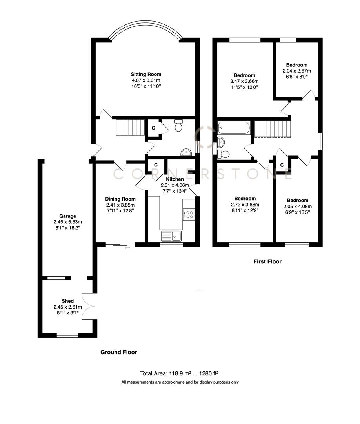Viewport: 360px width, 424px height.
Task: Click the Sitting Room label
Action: pyautogui.click(x=146, y=74)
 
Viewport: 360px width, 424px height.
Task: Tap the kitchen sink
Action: pyautogui.click(x=171, y=236)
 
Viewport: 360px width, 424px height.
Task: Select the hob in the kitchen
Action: pyautogui.click(x=189, y=214)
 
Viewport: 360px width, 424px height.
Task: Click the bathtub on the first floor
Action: pyautogui.click(x=234, y=127)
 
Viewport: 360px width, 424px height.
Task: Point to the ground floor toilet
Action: pyautogui.click(x=178, y=126)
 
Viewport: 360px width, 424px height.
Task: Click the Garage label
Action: pyautogui.click(x=67, y=216)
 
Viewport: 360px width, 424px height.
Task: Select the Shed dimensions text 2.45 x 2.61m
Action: pyautogui.click(x=67, y=307)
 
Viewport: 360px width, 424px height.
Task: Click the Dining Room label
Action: pyautogui.click(x=121, y=199)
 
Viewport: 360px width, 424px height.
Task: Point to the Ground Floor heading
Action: pyautogui.click(x=119, y=352)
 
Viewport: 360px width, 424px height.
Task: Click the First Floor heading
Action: pyautogui.click(x=267, y=261)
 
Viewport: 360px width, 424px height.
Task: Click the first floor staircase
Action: pyautogui.click(x=273, y=129)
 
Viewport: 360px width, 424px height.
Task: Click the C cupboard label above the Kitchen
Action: pyautogui.click(x=156, y=165)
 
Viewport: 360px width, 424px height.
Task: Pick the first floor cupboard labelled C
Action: pyautogui.click(x=282, y=164)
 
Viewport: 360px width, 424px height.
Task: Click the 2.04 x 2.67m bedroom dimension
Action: pyautogui.click(x=296, y=71)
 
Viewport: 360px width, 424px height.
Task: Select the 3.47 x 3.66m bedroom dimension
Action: pyautogui.click(x=244, y=81)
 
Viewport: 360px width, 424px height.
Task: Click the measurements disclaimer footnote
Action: pyautogui.click(x=180, y=382)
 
